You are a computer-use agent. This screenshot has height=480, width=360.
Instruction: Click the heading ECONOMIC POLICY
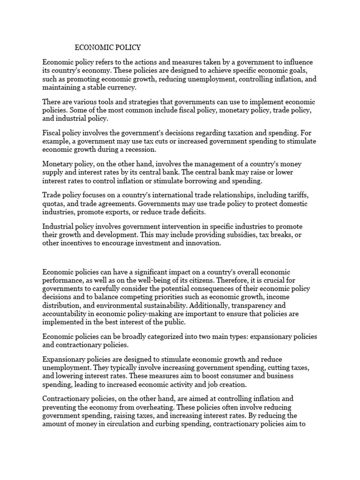(108, 47)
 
